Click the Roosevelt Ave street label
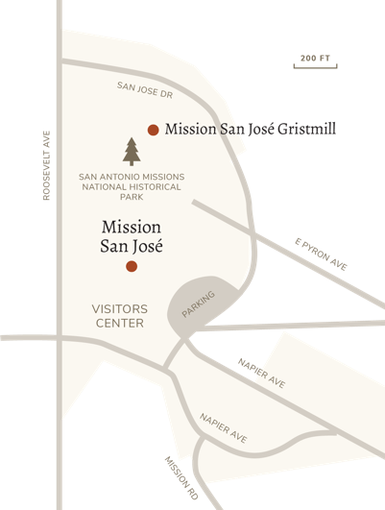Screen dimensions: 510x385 coord(45,165)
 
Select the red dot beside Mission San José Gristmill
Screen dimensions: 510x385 coord(152,129)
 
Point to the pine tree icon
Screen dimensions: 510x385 coord(132,151)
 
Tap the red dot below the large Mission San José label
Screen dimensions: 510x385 coord(132,265)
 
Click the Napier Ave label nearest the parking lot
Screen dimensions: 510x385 coord(260,372)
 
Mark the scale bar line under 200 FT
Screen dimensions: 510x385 coord(314,66)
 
